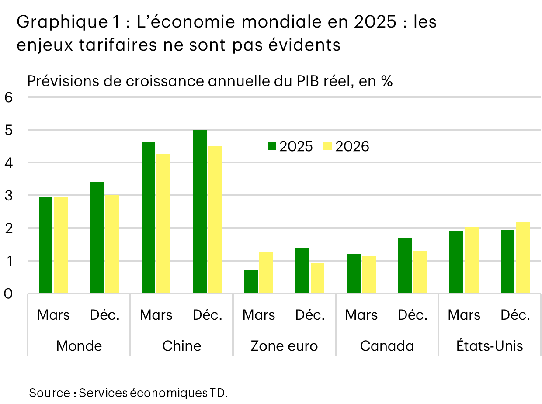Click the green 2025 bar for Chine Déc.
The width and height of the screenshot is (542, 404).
pyautogui.click(x=200, y=211)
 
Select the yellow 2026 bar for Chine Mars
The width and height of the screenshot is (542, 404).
pyautogui.click(x=163, y=223)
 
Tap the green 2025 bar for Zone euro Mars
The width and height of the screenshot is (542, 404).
pyautogui.click(x=251, y=281)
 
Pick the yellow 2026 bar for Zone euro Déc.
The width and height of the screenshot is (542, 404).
pyautogui.click(x=317, y=278)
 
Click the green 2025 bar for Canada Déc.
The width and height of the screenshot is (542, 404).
pyautogui.click(x=405, y=265)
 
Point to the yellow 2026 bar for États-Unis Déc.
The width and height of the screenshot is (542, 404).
pyautogui.click(x=522, y=258)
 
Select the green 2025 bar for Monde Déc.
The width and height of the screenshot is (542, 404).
pyautogui.click(x=97, y=238)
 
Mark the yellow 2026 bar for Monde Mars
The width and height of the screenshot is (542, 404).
pyautogui.click(x=61, y=245)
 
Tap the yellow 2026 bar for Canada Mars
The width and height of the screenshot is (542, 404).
pyautogui.click(x=368, y=274)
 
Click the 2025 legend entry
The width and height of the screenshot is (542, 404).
pyautogui.click(x=290, y=146)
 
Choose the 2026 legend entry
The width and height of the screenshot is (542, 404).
pyautogui.click(x=347, y=146)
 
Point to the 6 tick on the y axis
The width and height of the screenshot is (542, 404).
pyautogui.click(x=8, y=97)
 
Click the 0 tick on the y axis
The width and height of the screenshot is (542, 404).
pyautogui.click(x=8, y=294)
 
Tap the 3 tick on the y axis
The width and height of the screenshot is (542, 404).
pyautogui.click(x=8, y=196)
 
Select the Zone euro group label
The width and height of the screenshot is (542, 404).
pyautogui.click(x=284, y=346)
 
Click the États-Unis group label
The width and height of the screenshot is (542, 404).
pyautogui.click(x=490, y=346)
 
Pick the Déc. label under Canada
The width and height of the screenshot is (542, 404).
pyautogui.click(x=413, y=315)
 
